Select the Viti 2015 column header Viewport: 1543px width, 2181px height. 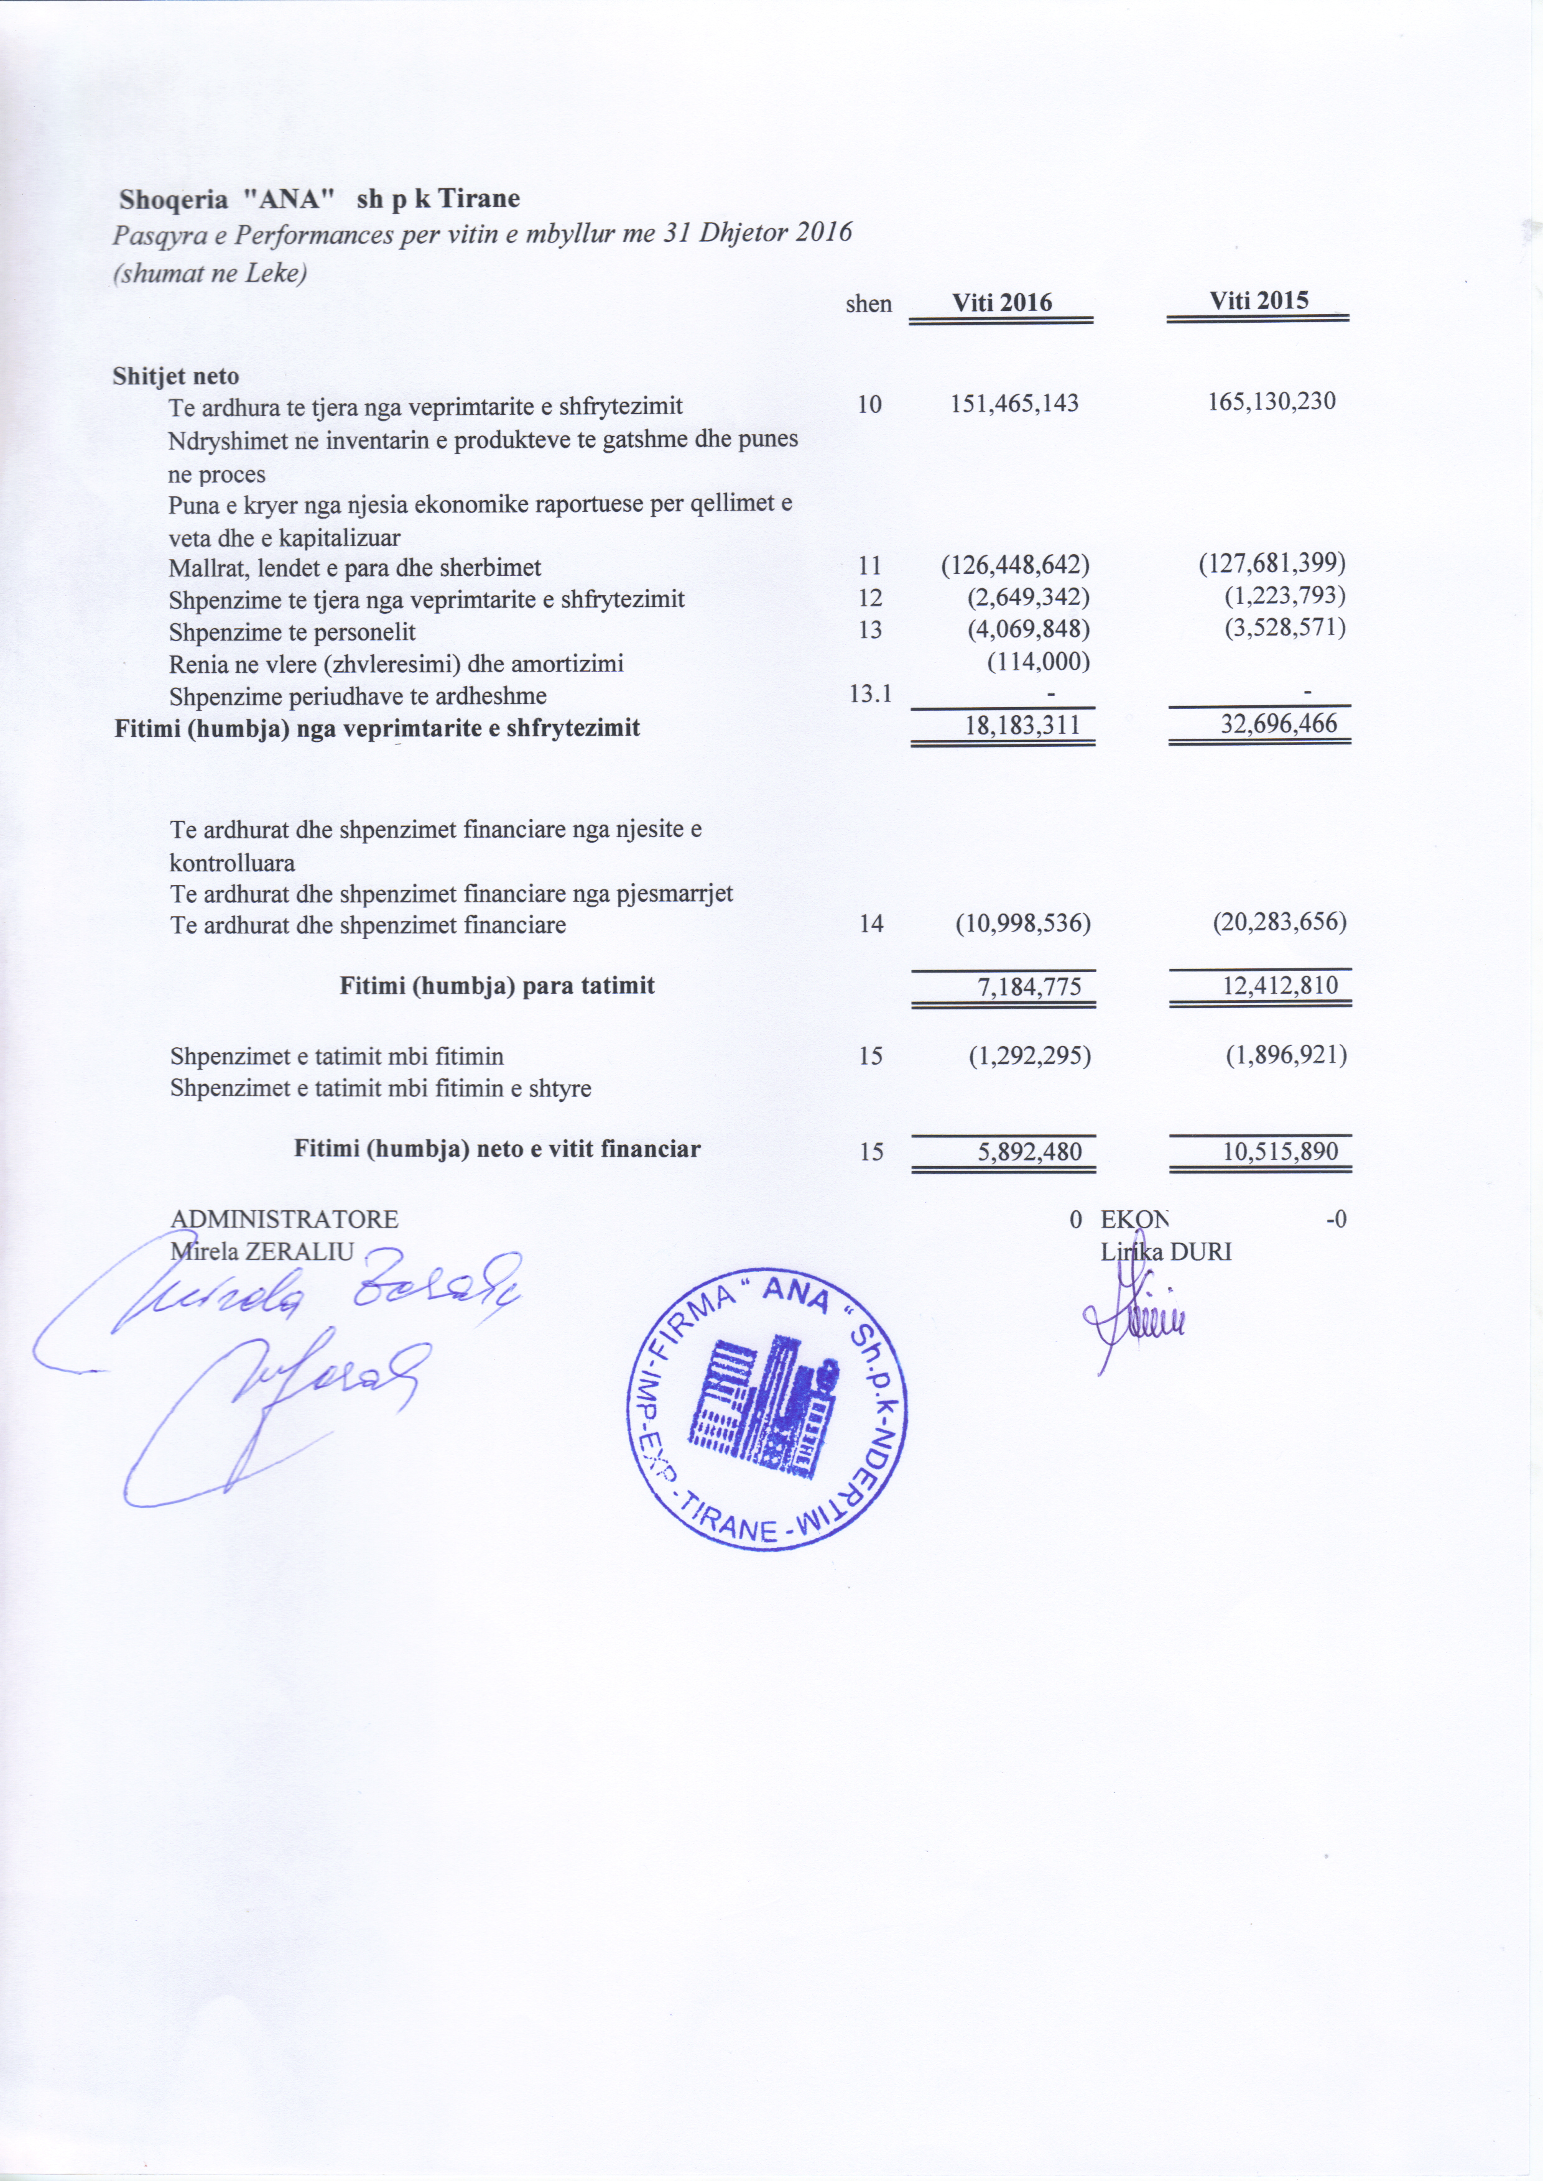coord(1258,300)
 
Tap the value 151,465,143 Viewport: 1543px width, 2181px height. coord(1015,404)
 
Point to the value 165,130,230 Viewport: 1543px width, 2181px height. coord(1271,401)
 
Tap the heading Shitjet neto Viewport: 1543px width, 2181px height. coord(176,376)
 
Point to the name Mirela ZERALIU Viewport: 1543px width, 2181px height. coord(261,1251)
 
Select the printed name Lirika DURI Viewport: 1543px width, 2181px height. coord(1165,1252)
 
